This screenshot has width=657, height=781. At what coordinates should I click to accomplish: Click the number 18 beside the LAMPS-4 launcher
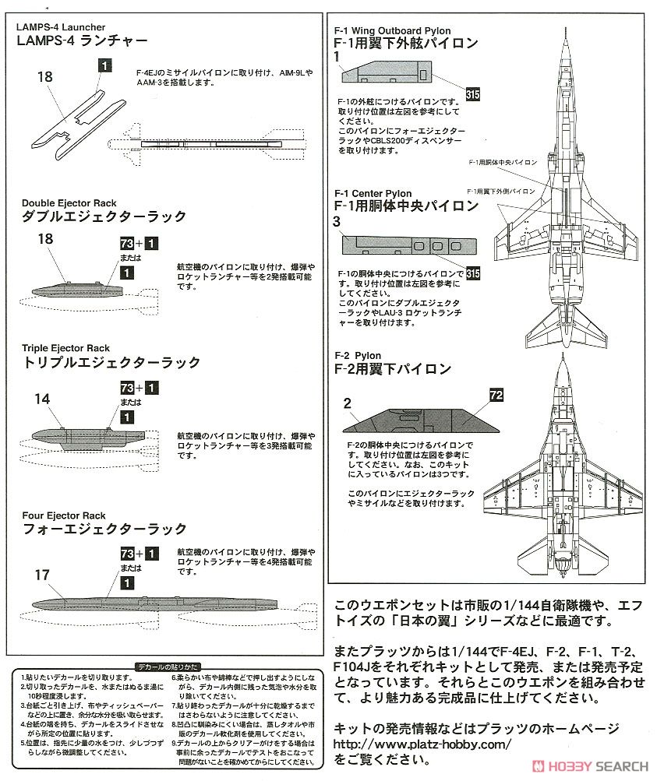45,76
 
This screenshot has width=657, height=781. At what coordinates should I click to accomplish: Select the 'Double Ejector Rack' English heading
69,203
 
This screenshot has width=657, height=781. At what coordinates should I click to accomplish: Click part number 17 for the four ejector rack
42,575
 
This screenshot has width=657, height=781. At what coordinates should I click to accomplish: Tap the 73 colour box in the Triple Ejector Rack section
127,387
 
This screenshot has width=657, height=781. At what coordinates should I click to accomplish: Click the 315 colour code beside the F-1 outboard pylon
472,95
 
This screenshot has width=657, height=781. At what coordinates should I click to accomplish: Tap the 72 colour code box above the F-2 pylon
496,395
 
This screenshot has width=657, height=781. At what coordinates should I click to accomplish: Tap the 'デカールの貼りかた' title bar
167,667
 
